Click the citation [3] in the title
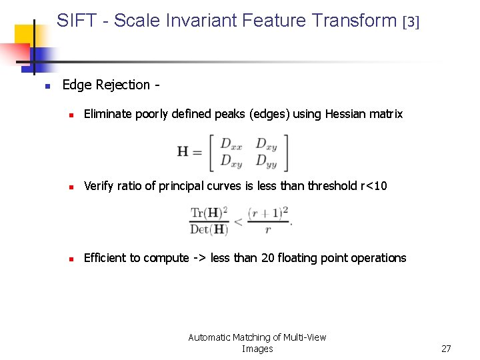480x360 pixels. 411,22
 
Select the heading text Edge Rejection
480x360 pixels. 106,85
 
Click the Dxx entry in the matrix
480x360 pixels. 231,144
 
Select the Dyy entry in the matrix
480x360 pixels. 267,161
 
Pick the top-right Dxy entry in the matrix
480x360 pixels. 267,144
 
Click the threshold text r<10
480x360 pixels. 373,186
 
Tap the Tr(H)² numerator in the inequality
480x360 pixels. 209,213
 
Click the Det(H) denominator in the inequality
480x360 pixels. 209,230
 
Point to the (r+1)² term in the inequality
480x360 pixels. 268,213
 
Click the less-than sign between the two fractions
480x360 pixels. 238,222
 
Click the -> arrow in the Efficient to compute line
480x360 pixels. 199,258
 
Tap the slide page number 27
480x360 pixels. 447,349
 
